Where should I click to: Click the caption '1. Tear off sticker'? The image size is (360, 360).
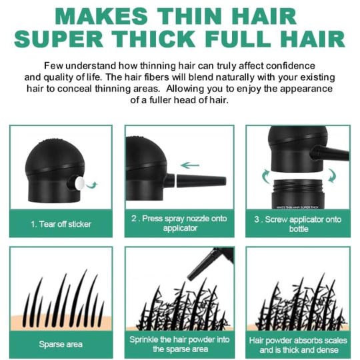pos(61,223)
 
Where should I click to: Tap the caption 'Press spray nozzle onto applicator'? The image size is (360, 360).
pos(179,223)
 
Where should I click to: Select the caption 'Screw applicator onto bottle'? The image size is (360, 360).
pos(297,223)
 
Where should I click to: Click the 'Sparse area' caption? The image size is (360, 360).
pos(61,344)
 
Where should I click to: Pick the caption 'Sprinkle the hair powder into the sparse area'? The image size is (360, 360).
pos(179,344)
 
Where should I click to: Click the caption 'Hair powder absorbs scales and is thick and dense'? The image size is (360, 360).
pos(297,344)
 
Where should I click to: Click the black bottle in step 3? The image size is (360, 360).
pos(299,193)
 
